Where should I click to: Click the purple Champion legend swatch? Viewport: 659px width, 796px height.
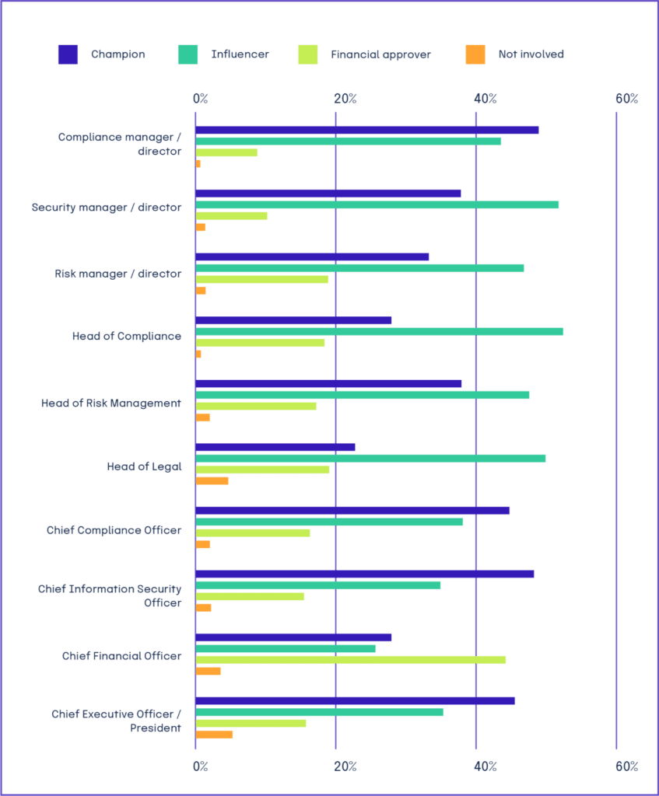(x=68, y=54)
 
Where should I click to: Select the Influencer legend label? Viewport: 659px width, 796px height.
(x=240, y=54)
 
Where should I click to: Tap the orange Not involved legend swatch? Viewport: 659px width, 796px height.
(x=475, y=54)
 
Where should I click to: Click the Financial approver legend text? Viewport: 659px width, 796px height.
(x=380, y=54)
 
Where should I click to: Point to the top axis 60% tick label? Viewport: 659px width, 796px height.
(x=626, y=99)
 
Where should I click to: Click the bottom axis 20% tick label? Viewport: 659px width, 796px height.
(x=345, y=766)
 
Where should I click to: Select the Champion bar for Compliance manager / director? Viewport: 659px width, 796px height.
(x=366, y=130)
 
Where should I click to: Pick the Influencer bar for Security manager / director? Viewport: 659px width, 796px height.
(x=377, y=204)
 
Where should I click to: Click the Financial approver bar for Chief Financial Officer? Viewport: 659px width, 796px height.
(x=350, y=660)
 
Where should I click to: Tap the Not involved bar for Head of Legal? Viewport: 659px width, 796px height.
(x=212, y=481)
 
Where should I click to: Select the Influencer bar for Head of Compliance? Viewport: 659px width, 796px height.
(x=379, y=331)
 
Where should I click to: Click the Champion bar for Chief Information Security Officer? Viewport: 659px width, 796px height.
(x=364, y=574)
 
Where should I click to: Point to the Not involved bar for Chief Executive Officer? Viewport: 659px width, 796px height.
(x=214, y=735)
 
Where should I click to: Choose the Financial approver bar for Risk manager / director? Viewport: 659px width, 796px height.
(x=262, y=279)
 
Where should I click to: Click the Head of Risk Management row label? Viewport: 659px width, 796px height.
(x=111, y=403)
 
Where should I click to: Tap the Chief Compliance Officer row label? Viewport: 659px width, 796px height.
(x=114, y=530)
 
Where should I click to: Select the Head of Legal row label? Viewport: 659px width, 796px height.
(x=144, y=466)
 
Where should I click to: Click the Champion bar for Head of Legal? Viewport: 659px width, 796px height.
(x=275, y=447)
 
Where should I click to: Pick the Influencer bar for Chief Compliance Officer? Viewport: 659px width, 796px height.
(x=329, y=522)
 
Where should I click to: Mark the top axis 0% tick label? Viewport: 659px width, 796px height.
(x=201, y=99)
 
